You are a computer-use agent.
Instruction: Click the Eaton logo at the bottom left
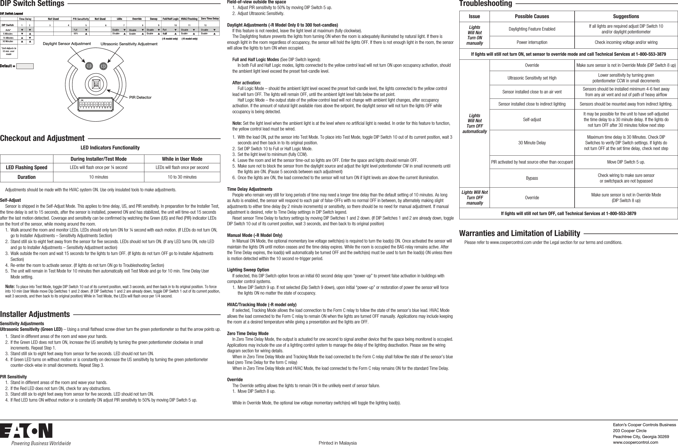[x=26, y=431]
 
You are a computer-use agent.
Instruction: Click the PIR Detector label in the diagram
[x=140, y=97]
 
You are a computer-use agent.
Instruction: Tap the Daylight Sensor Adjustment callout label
[x=67, y=44]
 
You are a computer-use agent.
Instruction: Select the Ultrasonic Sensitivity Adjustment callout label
[x=129, y=44]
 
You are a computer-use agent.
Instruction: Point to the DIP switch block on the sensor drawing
[x=96, y=105]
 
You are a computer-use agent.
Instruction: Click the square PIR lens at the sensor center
[x=96, y=84]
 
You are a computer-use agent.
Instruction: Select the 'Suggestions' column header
[x=626, y=16]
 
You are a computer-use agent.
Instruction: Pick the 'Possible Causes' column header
[x=532, y=16]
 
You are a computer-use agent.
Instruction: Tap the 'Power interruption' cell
[x=532, y=42]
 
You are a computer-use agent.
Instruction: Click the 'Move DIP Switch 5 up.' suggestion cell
[x=626, y=162]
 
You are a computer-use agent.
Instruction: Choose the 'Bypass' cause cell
[x=532, y=178]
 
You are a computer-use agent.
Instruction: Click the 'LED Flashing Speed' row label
[x=27, y=168]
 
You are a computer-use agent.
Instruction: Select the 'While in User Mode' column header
[x=182, y=159]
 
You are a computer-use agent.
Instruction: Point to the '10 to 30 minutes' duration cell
[x=182, y=177]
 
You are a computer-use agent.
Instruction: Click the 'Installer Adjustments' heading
[x=35, y=314]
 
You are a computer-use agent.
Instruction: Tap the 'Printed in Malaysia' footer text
[x=337, y=443]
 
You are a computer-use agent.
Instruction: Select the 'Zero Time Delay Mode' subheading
[x=247, y=333]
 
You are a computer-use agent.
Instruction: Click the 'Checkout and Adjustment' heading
[x=42, y=138]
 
